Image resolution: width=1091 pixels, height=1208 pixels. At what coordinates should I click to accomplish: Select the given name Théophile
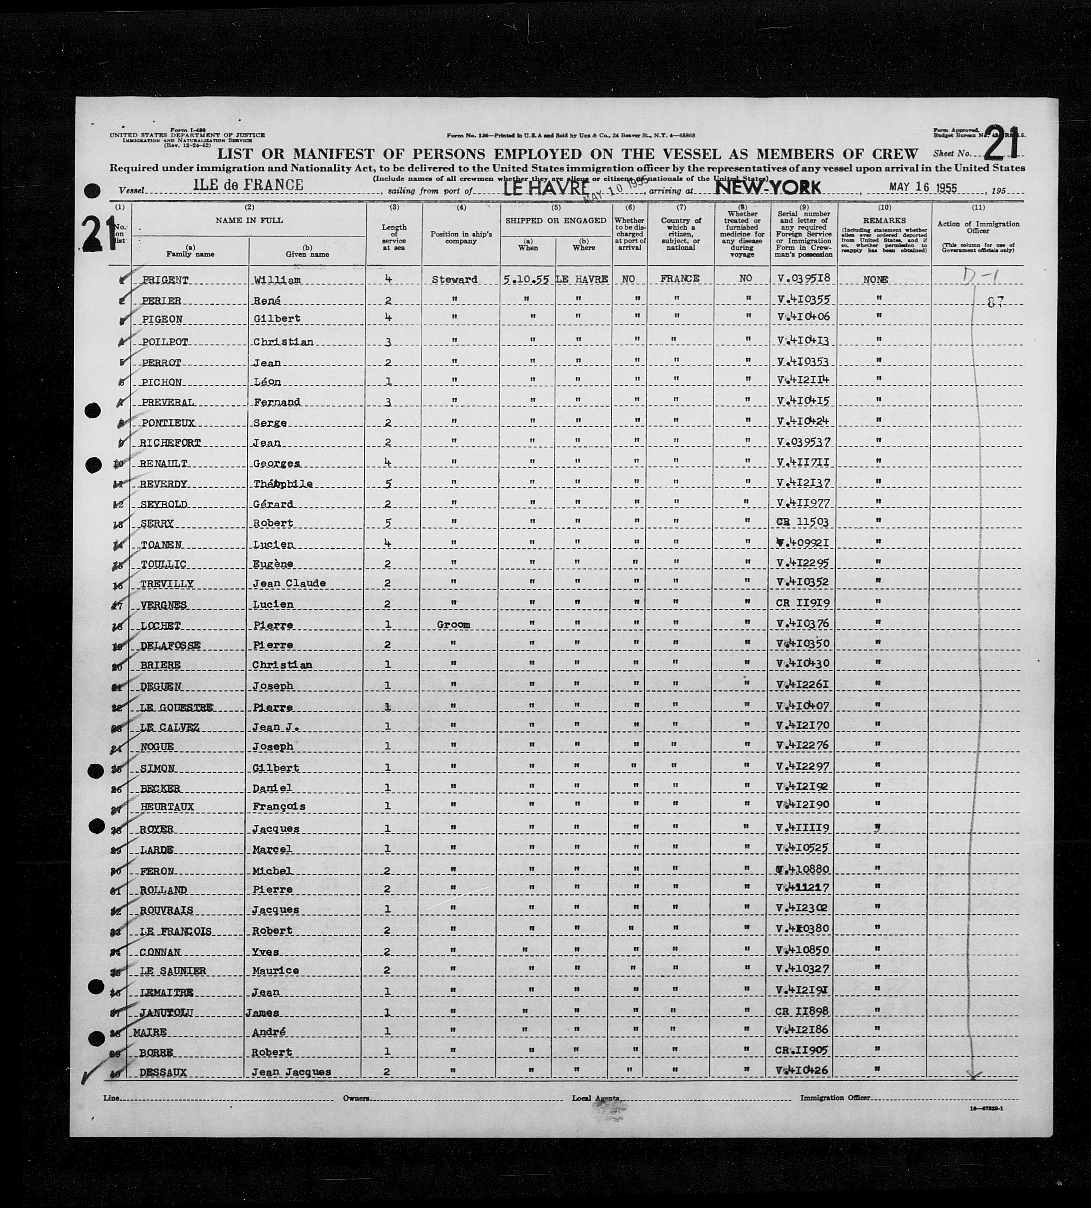(x=283, y=483)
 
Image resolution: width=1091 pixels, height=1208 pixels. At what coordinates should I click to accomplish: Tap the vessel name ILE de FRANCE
(x=248, y=185)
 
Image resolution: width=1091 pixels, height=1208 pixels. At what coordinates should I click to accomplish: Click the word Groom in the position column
(x=453, y=624)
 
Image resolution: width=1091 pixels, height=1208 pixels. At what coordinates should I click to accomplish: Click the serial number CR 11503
(x=802, y=522)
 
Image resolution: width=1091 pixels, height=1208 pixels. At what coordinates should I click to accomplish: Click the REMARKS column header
(x=884, y=221)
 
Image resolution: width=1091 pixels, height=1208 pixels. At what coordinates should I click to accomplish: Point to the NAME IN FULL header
(x=250, y=221)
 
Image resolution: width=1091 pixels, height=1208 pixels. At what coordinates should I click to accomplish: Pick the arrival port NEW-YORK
(x=769, y=188)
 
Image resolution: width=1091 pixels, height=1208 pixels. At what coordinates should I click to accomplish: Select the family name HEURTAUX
(x=167, y=807)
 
